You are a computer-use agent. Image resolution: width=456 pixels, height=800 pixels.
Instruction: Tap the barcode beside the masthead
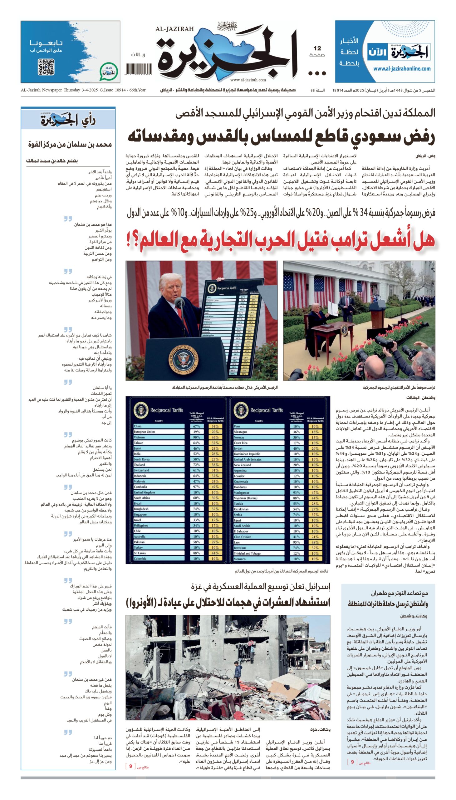tap(139, 69)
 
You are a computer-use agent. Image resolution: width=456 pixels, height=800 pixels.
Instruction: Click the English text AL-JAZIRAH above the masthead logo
tap(174, 29)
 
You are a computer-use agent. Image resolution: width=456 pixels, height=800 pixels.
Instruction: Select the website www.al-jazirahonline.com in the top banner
tap(401, 69)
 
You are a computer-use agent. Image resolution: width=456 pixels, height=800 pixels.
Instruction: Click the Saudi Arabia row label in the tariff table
tap(242, 526)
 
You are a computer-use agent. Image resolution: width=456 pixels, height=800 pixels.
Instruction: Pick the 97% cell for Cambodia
tap(196, 487)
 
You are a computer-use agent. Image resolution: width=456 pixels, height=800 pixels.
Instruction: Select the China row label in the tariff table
tap(138, 426)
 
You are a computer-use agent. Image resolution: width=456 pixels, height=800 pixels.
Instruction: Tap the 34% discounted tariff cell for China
tap(215, 426)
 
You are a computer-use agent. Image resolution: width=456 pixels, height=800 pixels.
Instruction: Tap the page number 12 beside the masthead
tap(317, 48)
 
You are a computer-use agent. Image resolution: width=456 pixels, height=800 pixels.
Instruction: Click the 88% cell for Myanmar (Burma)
tap(296, 498)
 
